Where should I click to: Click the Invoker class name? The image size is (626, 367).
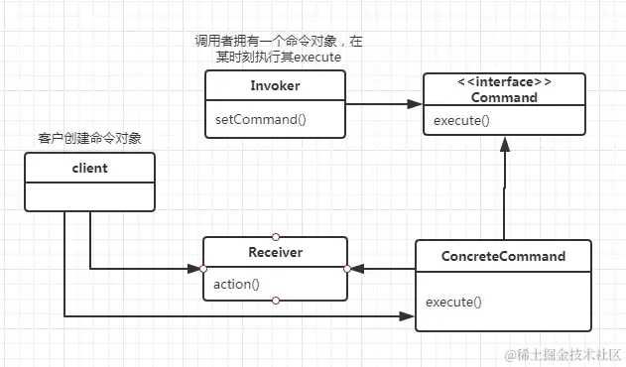pos(276,86)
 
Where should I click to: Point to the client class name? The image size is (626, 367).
pos(89,168)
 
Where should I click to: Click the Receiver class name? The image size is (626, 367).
pos(276,252)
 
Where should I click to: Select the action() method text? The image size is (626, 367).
pos(236,284)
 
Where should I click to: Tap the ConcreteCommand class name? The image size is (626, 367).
pos(503,256)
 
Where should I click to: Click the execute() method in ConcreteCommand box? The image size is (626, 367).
pos(453,301)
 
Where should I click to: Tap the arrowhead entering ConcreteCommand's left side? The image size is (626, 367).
pos(409,316)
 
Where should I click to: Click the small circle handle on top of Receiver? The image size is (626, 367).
pos(276,236)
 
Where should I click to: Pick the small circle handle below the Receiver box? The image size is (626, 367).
pos(276,300)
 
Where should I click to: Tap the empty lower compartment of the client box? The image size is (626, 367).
pos(89,195)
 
